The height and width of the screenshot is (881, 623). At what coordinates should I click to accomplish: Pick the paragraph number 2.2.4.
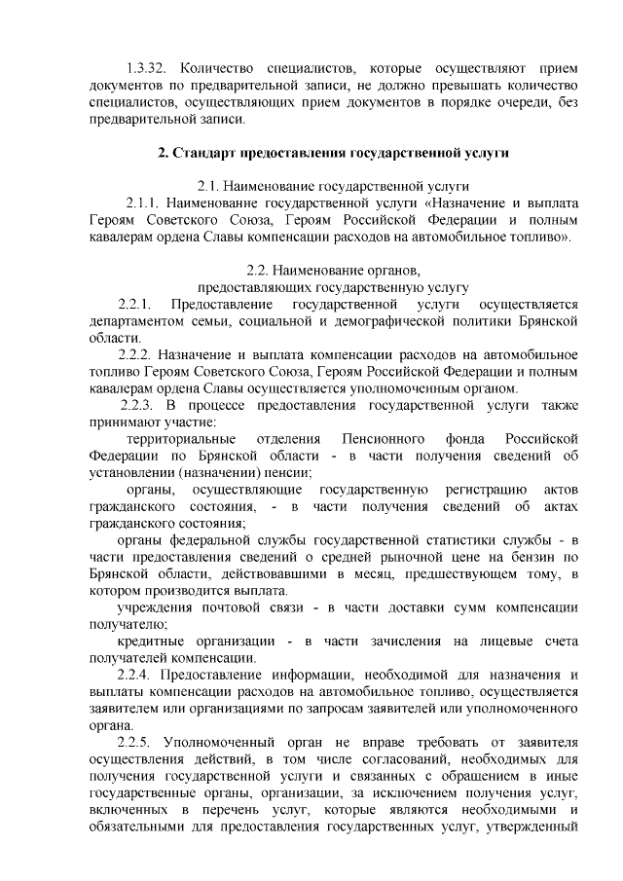(135, 676)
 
